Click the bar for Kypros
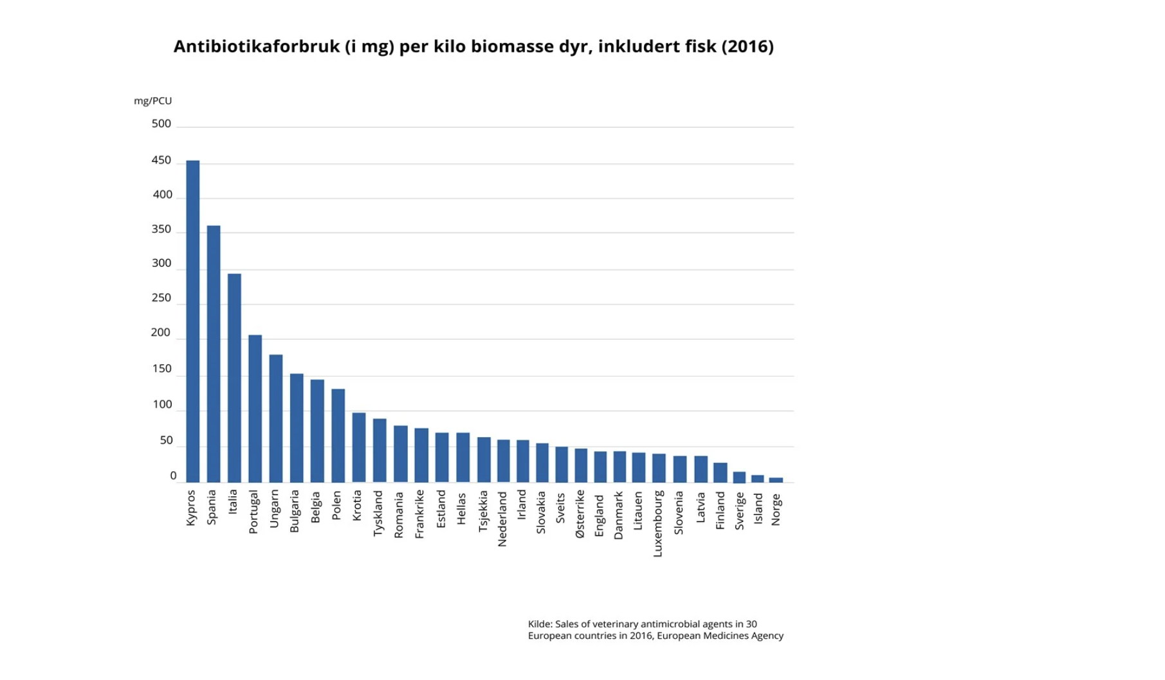point(192,321)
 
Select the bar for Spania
point(214,353)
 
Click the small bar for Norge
point(776,479)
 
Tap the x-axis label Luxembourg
point(657,524)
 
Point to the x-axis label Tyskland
point(378,514)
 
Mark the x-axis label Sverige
point(740,511)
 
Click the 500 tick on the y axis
point(161,123)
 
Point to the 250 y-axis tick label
point(161,298)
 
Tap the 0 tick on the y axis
point(173,476)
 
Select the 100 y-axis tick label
point(162,404)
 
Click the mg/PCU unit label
point(153,101)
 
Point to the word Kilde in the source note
point(539,623)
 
